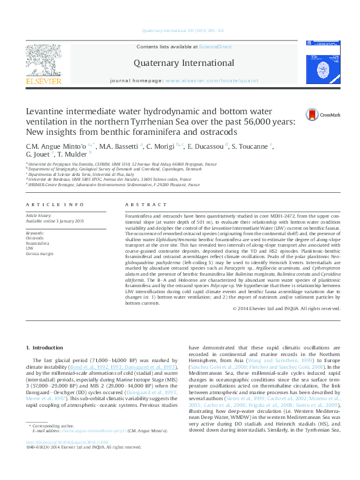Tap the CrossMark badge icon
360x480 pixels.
point(314,113)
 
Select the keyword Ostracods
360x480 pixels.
point(34,237)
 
